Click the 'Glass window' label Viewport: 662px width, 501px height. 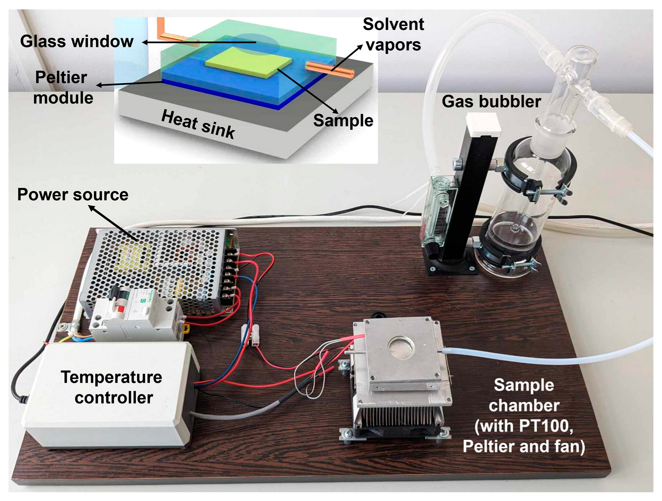(x=76, y=41)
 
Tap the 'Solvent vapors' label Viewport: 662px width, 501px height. (x=393, y=35)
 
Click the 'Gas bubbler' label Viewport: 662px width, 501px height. (x=491, y=102)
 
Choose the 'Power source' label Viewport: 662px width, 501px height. (x=73, y=194)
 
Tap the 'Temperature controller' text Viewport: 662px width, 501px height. (x=112, y=387)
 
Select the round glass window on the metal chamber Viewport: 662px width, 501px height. (x=400, y=346)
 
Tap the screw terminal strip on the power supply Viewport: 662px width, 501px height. (x=230, y=277)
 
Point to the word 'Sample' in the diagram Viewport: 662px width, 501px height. (x=343, y=121)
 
